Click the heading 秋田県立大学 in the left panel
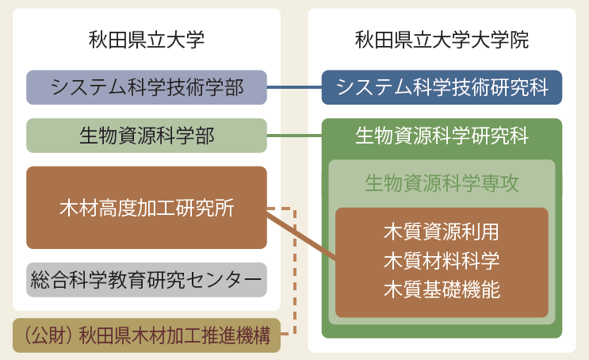coord(147,40)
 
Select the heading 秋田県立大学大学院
coord(442,40)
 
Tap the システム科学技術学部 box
coord(147,87)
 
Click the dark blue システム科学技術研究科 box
coord(442,87)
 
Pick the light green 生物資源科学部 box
coord(147,136)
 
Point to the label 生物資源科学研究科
coord(442,136)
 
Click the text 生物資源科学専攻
coord(442,183)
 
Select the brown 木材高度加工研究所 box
coord(147,208)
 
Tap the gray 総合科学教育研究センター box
coord(147,280)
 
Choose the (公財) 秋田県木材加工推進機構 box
coord(147,335)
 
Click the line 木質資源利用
coord(442,232)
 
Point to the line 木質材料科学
coord(442,260)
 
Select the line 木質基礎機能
coord(442,289)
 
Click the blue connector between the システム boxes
coord(295,87)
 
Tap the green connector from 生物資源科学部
coord(295,136)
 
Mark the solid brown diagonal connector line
coord(301,236)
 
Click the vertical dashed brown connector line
coord(295,270)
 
